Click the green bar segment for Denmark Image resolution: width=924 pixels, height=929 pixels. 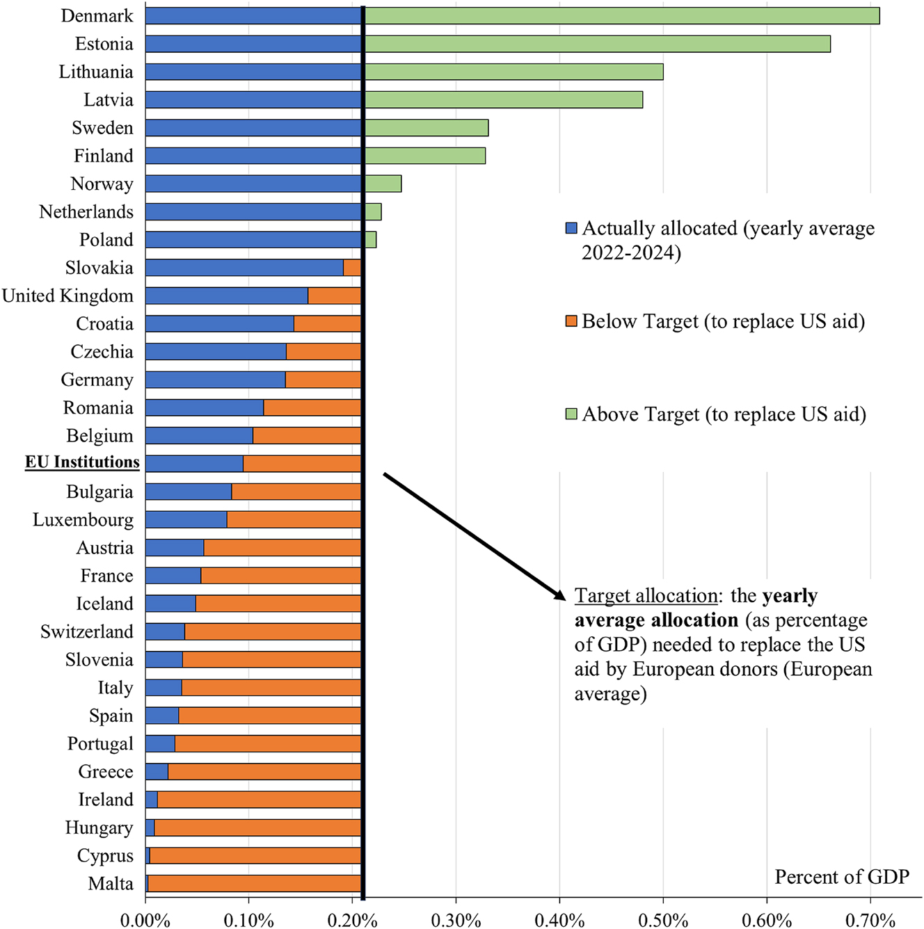click(x=621, y=16)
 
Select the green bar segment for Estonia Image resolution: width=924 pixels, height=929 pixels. click(x=597, y=44)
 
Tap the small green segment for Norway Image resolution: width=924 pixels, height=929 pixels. click(x=383, y=184)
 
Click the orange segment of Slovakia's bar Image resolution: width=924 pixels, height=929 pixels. click(x=352, y=268)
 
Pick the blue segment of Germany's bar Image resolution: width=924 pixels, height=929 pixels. click(x=215, y=380)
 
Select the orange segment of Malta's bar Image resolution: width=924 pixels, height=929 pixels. click(x=254, y=884)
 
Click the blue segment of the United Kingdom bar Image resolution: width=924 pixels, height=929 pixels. click(x=226, y=296)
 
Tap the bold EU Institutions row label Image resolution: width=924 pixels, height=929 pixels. click(x=82, y=462)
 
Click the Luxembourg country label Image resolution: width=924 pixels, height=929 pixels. click(x=83, y=520)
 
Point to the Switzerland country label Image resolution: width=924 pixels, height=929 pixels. click(x=86, y=632)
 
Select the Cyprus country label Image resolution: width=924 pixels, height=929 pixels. click(x=105, y=856)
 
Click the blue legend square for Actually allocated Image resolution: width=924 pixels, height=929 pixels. click(x=571, y=229)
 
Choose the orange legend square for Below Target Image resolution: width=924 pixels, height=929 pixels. click(x=571, y=321)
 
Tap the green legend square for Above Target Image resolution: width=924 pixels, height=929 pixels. click(x=571, y=414)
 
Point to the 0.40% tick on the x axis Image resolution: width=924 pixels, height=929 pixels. click(x=559, y=920)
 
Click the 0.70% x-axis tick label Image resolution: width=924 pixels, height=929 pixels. click(x=870, y=920)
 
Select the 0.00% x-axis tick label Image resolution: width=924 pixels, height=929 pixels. click(x=145, y=920)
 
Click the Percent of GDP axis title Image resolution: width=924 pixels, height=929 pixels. click(x=842, y=877)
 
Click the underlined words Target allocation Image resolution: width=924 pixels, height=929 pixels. click(x=646, y=596)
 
